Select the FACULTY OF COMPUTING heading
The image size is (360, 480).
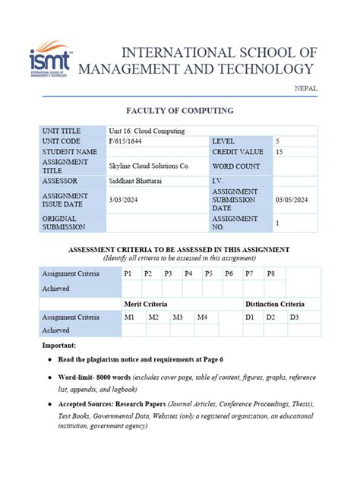[x=180, y=111]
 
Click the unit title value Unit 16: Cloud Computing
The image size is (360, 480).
[x=147, y=131]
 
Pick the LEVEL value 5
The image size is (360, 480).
[x=278, y=141]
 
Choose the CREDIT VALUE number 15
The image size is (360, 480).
[x=279, y=152]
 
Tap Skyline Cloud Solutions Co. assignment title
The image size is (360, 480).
[x=149, y=166]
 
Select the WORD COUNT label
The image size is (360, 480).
[x=236, y=166]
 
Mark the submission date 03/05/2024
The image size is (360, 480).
[x=292, y=200]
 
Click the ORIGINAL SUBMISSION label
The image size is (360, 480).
[x=65, y=223]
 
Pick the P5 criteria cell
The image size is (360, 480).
[x=208, y=273]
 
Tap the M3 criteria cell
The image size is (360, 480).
[x=178, y=317]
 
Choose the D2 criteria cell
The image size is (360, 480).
[x=270, y=317]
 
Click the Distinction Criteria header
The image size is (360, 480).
[x=274, y=303]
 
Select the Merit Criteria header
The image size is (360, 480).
[x=145, y=303]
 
